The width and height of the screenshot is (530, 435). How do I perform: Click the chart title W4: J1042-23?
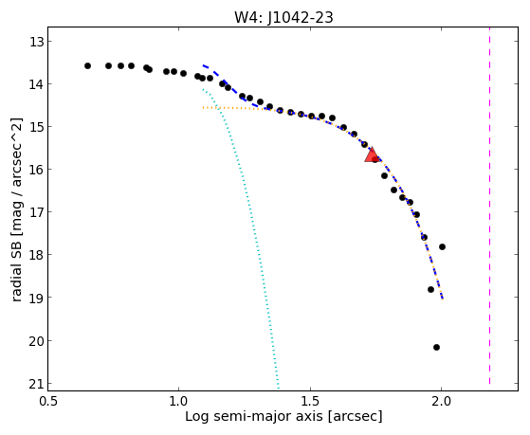click(x=283, y=17)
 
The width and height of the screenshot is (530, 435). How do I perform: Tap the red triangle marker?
click(x=372, y=155)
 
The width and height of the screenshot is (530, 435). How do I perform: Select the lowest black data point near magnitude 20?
click(x=436, y=347)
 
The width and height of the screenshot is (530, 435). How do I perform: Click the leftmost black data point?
click(x=87, y=65)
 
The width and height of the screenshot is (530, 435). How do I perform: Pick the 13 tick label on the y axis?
click(x=37, y=42)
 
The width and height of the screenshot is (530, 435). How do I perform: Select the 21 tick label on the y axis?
click(x=37, y=384)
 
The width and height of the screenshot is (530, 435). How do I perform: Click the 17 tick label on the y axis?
click(x=37, y=212)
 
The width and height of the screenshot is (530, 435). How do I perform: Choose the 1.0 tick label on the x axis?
click(x=179, y=401)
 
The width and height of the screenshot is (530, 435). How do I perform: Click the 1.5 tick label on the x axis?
click(x=311, y=401)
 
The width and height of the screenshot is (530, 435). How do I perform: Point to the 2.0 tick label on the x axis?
click(x=442, y=401)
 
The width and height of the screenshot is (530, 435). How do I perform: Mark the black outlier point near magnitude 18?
click(x=442, y=246)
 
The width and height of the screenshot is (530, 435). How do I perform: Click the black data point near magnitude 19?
click(x=430, y=289)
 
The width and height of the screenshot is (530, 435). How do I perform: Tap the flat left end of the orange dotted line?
click(x=203, y=107)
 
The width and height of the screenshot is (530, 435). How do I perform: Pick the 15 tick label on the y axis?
click(x=37, y=127)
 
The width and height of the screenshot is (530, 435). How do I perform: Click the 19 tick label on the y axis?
click(x=37, y=298)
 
